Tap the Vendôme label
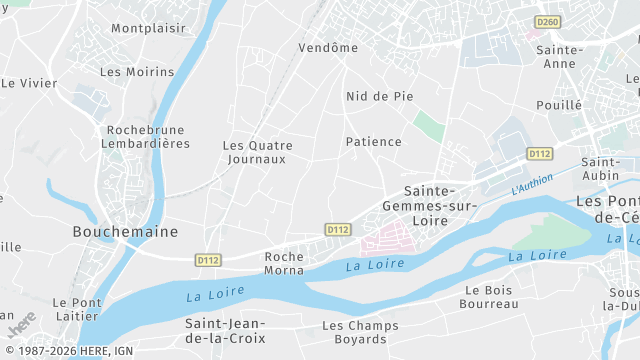click(328, 47)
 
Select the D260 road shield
click(547, 21)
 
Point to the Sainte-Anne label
click(559, 56)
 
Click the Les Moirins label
click(137, 72)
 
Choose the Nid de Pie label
click(379, 96)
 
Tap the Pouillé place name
click(559, 104)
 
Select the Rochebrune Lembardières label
click(148, 137)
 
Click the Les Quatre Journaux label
click(257, 152)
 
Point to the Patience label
click(374, 142)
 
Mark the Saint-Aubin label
click(601, 169)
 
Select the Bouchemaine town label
click(125, 231)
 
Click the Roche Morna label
click(284, 264)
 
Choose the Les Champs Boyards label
click(360, 333)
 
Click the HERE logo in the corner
click(20, 326)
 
